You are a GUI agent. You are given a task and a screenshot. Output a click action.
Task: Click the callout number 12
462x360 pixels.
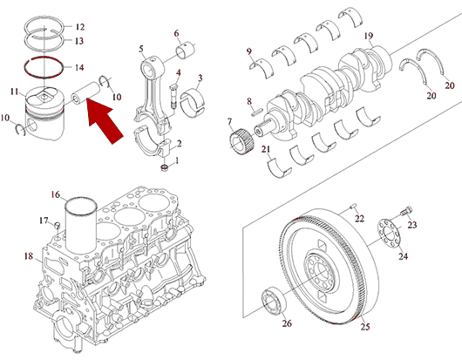click(x=80, y=27)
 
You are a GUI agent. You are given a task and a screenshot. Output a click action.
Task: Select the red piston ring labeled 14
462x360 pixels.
click(x=44, y=67)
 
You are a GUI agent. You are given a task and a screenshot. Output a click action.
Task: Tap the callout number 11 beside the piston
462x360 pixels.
click(x=15, y=92)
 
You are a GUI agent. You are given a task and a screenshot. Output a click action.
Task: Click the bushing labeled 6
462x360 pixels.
click(x=186, y=50)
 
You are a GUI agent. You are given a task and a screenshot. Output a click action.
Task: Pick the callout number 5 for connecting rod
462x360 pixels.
click(x=141, y=49)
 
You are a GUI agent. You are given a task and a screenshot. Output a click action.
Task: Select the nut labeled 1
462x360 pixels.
click(x=164, y=168)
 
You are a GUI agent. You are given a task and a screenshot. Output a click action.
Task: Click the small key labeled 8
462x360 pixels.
click(x=257, y=112)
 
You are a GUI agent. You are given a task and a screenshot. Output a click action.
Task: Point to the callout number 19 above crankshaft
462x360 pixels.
click(x=369, y=36)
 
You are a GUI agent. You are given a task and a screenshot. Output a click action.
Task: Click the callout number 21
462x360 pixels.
click(x=266, y=149)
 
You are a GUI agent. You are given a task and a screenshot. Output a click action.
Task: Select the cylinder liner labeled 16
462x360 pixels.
click(x=81, y=226)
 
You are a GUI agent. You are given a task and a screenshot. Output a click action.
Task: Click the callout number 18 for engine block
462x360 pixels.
click(x=29, y=256)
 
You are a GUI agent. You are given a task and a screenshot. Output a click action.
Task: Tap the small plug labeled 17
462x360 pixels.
click(x=58, y=226)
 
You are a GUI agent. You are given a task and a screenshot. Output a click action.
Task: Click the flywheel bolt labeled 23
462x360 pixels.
click(x=406, y=211)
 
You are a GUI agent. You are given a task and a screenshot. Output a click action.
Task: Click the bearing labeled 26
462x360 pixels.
click(x=274, y=301)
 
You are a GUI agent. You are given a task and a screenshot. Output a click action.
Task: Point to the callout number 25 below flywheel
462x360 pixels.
click(x=365, y=326)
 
